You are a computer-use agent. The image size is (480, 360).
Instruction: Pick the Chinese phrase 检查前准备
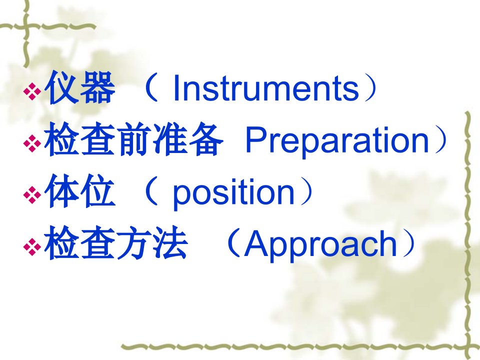pyautogui.click(x=134, y=139)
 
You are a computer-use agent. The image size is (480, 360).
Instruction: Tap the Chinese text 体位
pyautogui.click(x=80, y=191)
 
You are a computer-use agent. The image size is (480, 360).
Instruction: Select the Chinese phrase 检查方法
pyautogui.click(x=115, y=243)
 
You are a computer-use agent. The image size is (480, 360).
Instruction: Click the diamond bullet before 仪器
pyautogui.click(x=32, y=91)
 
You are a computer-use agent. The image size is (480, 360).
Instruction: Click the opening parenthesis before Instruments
pyautogui.click(x=152, y=87)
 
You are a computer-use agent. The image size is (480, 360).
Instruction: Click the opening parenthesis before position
pyautogui.click(x=152, y=191)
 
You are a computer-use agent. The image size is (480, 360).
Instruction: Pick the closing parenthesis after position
pyautogui.click(x=307, y=191)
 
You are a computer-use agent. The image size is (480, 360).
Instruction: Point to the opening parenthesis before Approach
pyautogui.click(x=233, y=243)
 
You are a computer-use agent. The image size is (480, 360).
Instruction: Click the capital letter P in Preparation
pyautogui.click(x=256, y=139)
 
